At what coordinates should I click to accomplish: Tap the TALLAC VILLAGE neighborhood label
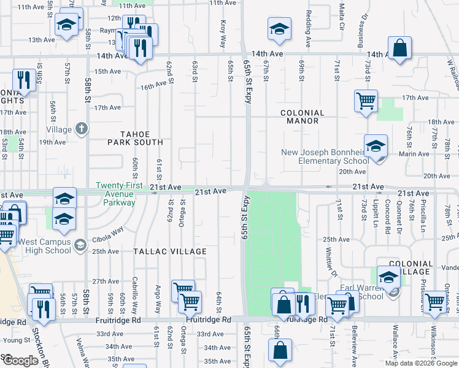(x=171, y=252)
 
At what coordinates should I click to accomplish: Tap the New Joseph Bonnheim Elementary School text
(x=325, y=157)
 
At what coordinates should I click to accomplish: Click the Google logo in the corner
(x=20, y=361)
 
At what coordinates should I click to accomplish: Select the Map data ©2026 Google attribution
(x=421, y=363)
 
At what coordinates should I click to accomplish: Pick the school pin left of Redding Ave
(x=279, y=29)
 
